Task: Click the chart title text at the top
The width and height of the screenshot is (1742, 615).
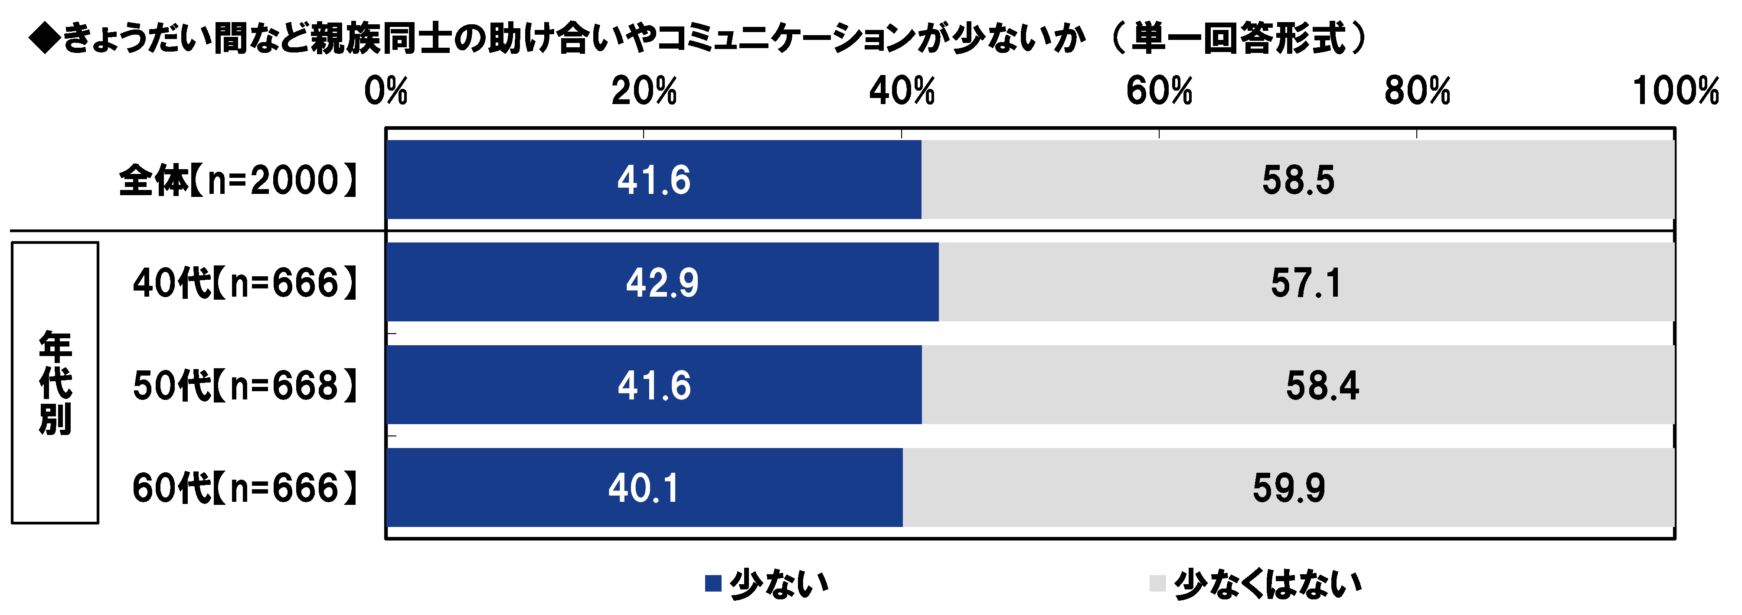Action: tap(696, 37)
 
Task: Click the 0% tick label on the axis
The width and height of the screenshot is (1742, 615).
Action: tap(386, 92)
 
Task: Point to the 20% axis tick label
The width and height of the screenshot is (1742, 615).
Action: tap(644, 92)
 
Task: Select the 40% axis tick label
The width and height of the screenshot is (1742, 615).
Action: tap(902, 92)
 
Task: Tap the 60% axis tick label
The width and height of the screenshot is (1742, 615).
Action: tap(1159, 92)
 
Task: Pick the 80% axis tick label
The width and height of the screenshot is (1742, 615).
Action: tap(1417, 92)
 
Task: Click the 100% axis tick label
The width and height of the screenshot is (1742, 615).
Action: tap(1676, 92)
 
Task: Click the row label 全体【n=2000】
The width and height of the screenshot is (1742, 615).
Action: tap(238, 181)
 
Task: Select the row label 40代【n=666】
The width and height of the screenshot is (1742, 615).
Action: tap(245, 283)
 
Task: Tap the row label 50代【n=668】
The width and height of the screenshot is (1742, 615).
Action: tap(245, 386)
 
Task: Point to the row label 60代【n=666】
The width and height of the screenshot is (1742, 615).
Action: tap(245, 488)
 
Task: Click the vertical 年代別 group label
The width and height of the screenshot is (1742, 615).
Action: tap(55, 383)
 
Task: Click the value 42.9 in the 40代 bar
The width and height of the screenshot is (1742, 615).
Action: tap(662, 283)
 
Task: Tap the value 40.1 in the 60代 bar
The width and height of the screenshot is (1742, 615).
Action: tap(644, 488)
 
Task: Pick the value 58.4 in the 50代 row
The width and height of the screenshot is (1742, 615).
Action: tap(1322, 386)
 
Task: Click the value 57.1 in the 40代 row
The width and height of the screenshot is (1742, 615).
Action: tap(1306, 283)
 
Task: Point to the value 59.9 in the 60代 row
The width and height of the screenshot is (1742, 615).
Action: tap(1289, 488)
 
